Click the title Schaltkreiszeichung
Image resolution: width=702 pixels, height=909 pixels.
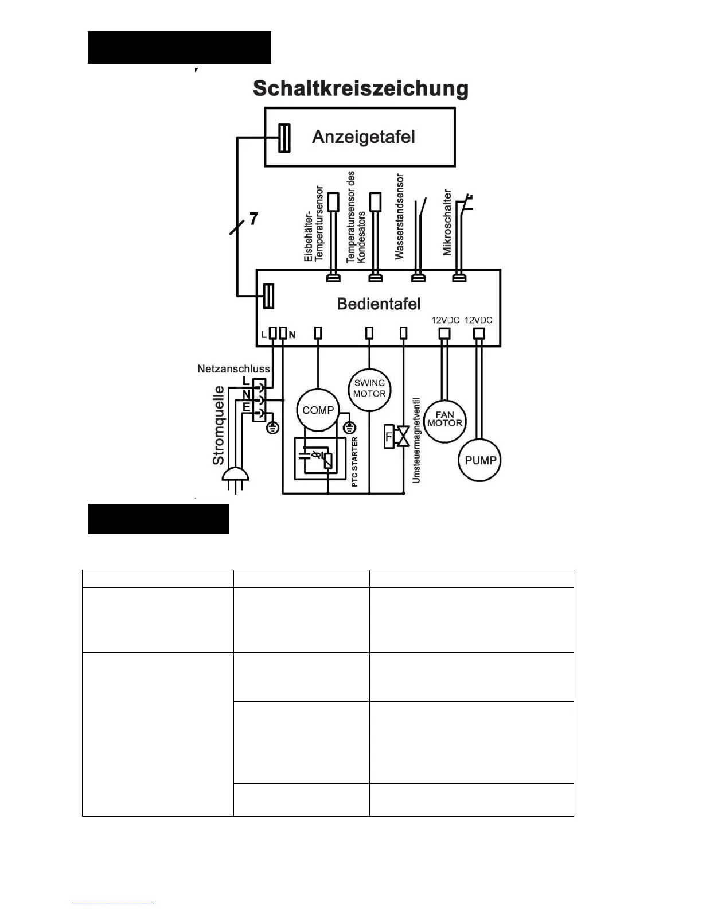(x=361, y=89)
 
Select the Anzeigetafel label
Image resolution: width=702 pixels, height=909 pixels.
(x=363, y=137)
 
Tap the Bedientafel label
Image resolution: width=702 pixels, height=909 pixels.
(x=379, y=304)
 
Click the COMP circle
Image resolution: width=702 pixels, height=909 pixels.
(x=318, y=410)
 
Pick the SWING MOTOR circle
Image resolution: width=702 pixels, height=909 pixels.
(x=369, y=389)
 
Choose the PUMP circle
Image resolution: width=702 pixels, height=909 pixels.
(x=480, y=460)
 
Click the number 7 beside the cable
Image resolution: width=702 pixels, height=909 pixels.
(x=253, y=219)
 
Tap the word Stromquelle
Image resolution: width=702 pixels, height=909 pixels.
(x=219, y=425)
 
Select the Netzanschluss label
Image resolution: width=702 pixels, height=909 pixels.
(x=233, y=368)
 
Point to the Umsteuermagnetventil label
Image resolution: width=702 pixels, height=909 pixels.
(x=416, y=440)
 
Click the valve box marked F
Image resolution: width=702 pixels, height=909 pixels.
(x=389, y=437)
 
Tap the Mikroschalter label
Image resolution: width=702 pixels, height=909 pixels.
(x=447, y=223)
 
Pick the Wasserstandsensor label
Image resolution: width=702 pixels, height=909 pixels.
(x=399, y=217)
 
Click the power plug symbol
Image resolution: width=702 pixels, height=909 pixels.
(x=235, y=476)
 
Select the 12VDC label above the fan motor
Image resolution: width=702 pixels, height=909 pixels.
(x=446, y=320)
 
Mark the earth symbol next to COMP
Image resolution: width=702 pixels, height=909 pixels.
(x=350, y=427)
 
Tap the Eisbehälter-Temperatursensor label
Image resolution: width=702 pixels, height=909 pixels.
(x=314, y=224)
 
